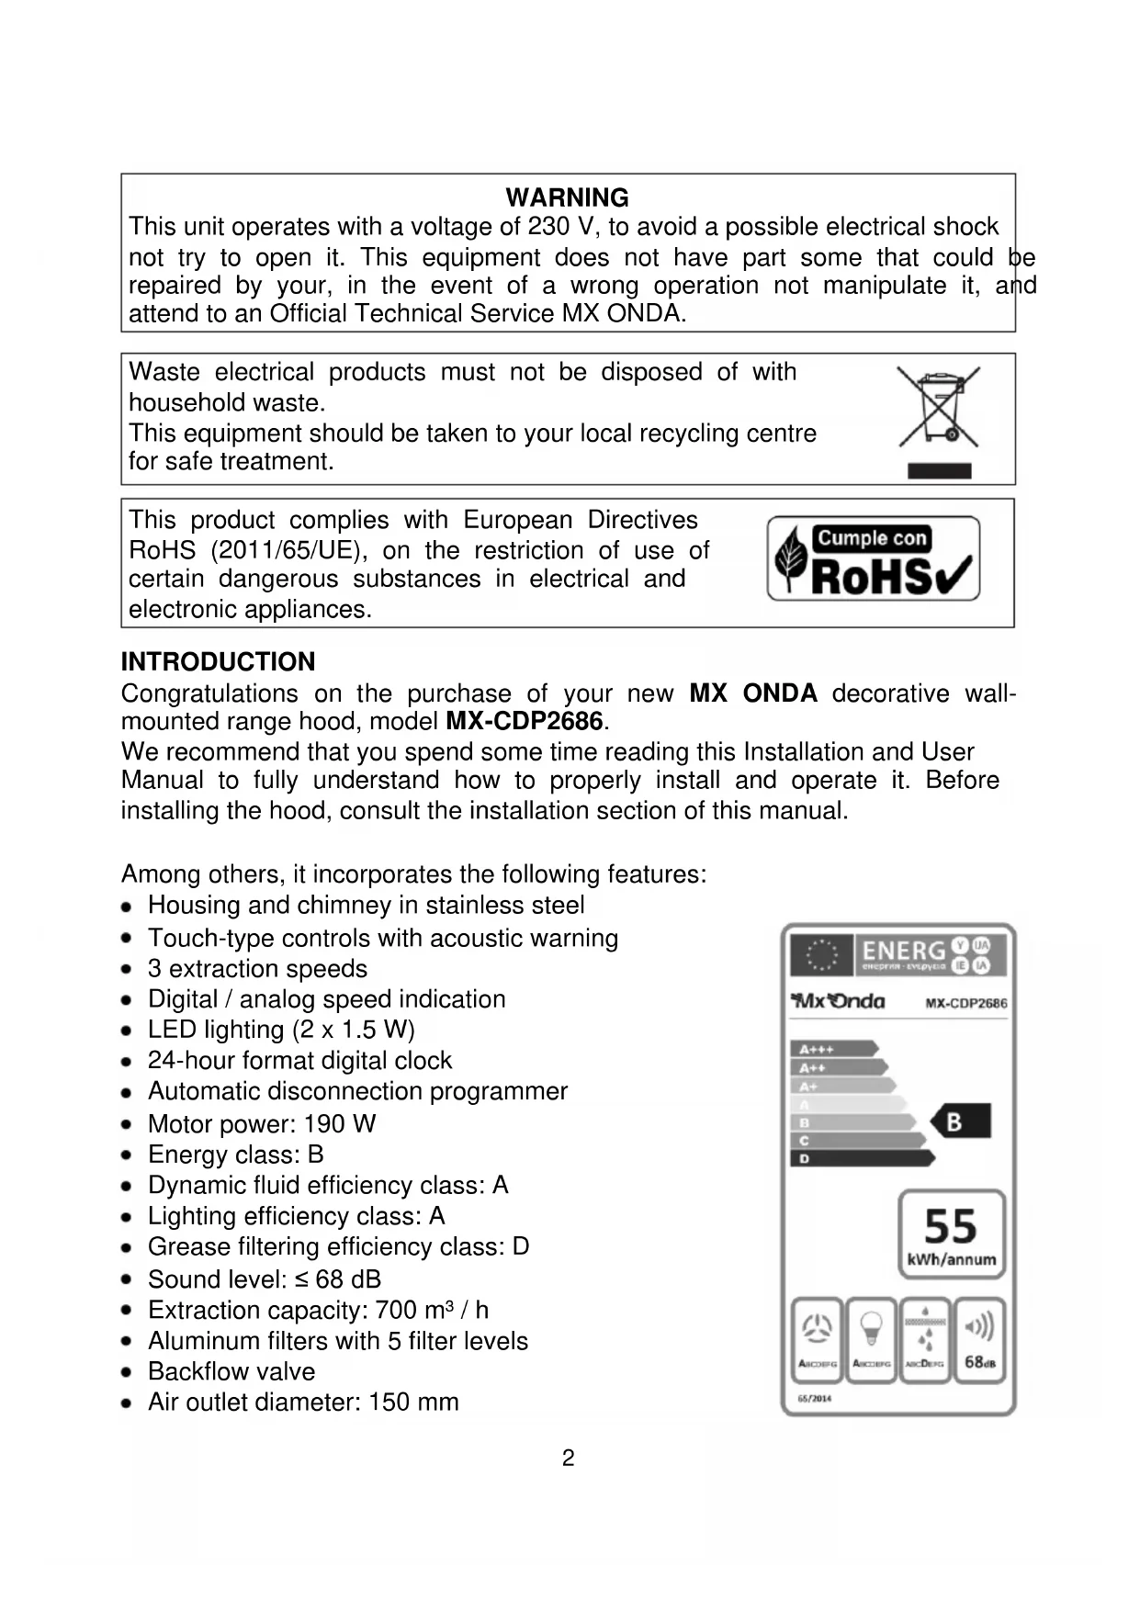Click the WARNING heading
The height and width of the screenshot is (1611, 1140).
tap(567, 197)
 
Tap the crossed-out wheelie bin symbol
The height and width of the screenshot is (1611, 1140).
tap(938, 408)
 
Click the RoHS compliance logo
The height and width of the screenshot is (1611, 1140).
tap(874, 558)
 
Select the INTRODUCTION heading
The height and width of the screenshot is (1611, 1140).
tap(218, 661)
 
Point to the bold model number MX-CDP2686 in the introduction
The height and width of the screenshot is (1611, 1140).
tap(524, 721)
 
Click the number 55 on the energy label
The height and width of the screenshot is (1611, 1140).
tap(951, 1225)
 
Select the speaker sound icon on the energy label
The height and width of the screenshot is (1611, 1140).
tap(979, 1326)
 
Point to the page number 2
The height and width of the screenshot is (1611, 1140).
tap(568, 1458)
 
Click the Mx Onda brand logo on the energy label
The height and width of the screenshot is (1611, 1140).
tap(839, 1001)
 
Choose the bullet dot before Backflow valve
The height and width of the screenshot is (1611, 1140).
tap(129, 1371)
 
